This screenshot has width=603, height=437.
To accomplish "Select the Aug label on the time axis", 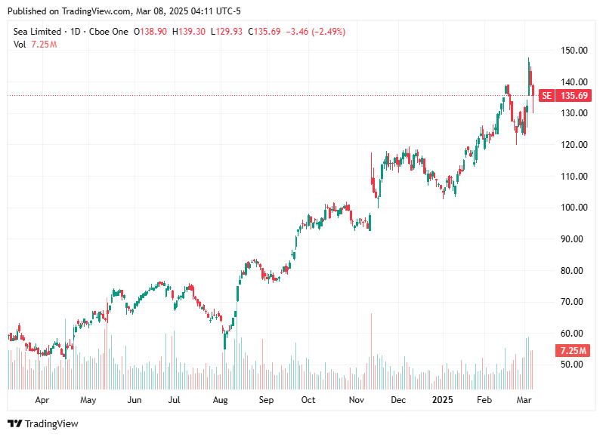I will coord(221,400).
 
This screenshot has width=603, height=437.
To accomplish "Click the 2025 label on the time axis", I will coord(441,400).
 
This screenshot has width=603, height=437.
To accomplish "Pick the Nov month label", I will coord(357,400).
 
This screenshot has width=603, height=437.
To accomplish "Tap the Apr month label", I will coord(42,400).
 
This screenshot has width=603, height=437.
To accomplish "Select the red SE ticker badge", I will coord(546,96).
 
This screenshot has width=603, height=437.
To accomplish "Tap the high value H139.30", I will coord(189,32).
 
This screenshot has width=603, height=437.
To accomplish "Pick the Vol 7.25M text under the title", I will coord(36,45).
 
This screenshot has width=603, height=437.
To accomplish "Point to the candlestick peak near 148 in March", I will coord(529,60).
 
